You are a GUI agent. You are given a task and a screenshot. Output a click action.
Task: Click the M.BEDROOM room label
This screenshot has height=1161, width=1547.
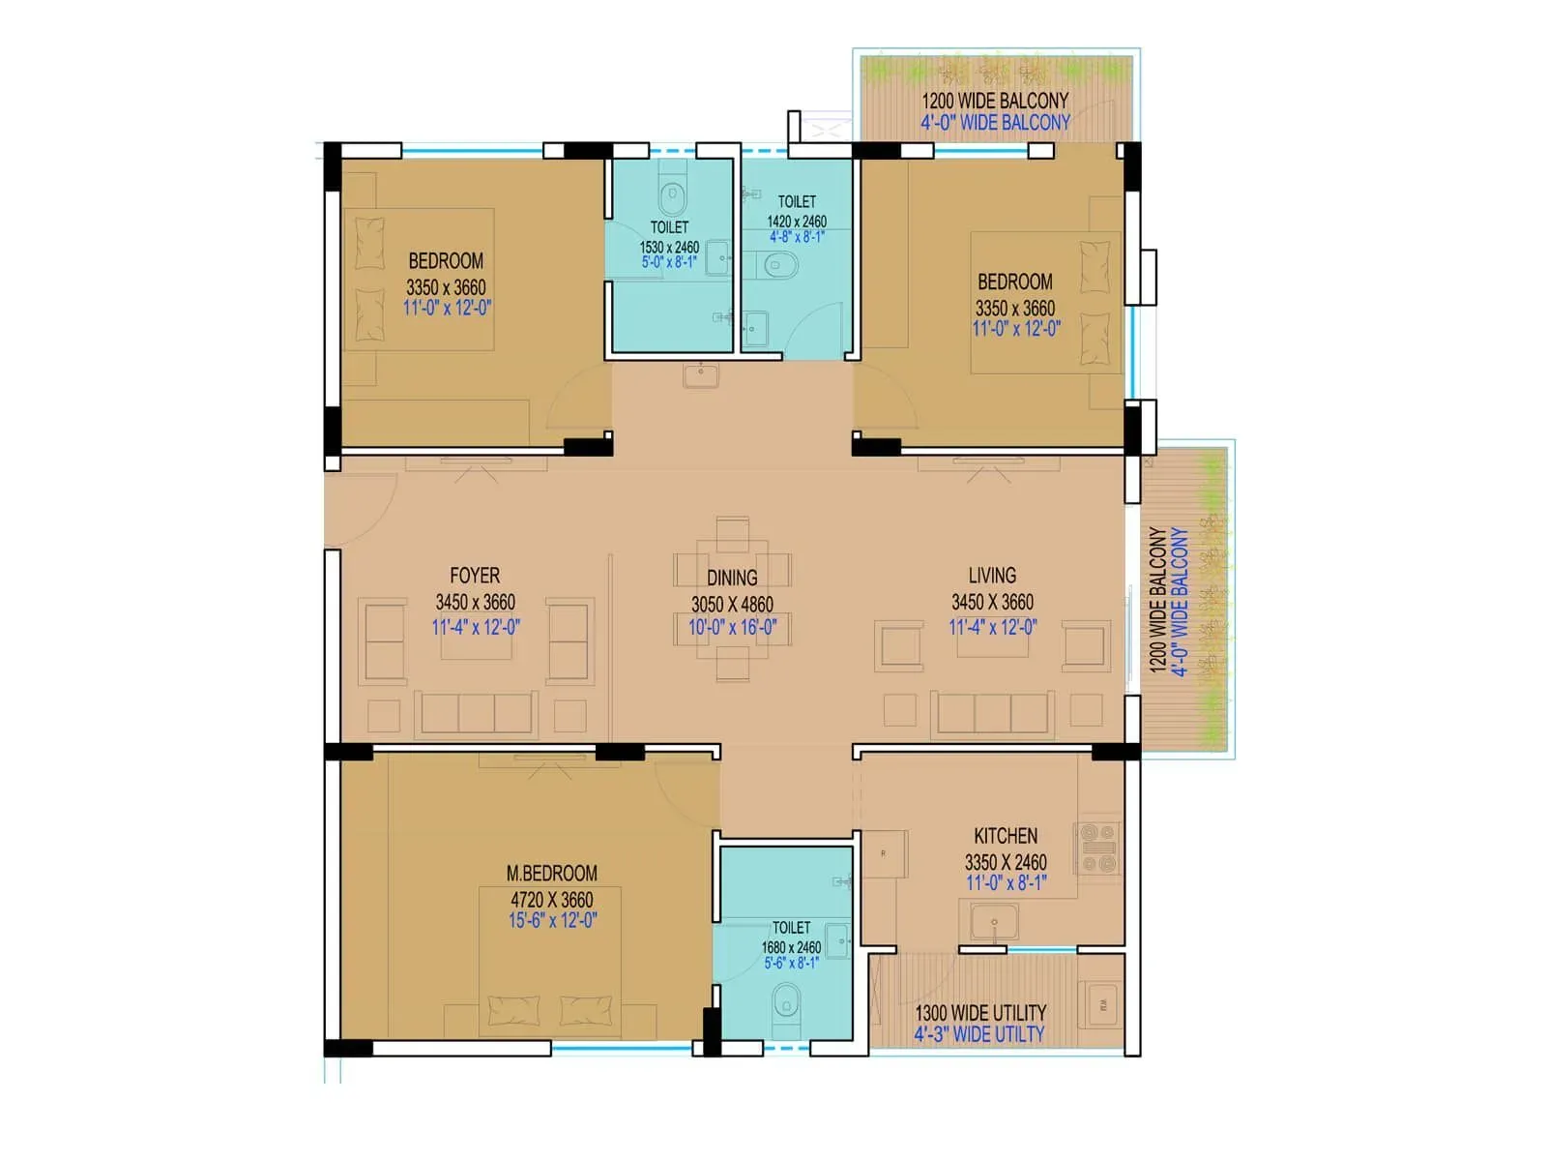[x=551, y=873]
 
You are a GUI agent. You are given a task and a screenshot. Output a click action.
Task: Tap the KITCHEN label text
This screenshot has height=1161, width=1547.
[x=1006, y=836]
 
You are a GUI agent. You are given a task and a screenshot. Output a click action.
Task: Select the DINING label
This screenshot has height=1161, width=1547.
[x=732, y=578]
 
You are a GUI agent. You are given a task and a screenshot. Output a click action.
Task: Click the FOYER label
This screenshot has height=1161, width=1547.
[x=475, y=576]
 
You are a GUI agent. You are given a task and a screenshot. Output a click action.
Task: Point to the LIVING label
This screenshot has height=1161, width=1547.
[x=992, y=576]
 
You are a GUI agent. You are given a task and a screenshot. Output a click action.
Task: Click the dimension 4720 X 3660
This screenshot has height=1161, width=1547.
[x=551, y=899]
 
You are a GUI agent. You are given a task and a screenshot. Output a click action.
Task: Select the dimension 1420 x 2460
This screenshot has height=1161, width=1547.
[x=797, y=222]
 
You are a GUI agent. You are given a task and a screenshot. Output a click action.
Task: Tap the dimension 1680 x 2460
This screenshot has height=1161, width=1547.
[x=791, y=947]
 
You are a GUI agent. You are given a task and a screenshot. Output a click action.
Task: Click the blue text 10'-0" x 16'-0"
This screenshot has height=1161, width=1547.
[x=732, y=627]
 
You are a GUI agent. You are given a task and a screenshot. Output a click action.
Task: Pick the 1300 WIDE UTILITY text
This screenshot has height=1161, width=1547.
[x=980, y=1012]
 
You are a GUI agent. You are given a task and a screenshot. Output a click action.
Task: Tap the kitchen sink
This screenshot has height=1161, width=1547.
[x=994, y=921]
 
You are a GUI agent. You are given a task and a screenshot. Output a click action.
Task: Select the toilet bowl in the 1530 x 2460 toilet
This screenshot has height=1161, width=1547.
[x=672, y=197]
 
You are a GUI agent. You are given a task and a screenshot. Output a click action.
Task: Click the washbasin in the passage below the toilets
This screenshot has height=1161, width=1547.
[x=701, y=374]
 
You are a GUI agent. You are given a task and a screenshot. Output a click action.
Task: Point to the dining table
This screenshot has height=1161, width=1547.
[x=732, y=600]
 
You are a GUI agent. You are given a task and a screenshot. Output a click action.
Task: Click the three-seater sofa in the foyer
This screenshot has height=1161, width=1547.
[x=476, y=714]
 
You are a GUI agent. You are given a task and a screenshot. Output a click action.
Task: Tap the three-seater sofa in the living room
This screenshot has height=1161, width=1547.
[x=992, y=714]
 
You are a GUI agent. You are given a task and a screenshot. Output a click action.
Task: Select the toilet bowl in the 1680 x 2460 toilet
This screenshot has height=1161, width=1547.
[x=787, y=1002]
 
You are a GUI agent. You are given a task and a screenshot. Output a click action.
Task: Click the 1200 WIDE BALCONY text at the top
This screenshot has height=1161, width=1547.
[x=994, y=101]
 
